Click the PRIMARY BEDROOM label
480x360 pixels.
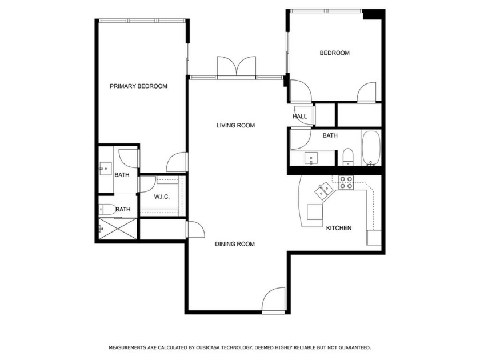click(138, 86)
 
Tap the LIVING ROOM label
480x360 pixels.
click(235, 126)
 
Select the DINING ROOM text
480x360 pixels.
click(235, 244)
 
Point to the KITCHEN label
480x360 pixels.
click(338, 228)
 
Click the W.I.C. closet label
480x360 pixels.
click(162, 197)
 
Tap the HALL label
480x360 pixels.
click(299, 117)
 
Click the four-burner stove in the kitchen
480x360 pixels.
click(346, 182)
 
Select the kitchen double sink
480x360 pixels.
click(324, 191)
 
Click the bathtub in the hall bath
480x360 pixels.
click(371, 148)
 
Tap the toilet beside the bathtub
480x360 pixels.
click(348, 157)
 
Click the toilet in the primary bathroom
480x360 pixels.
click(107, 209)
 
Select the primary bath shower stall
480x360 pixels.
click(118, 229)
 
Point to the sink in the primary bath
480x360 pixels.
click(106, 169)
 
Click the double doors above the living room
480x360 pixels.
click(237, 67)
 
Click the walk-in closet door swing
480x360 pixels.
click(147, 184)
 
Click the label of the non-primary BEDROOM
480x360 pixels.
click(335, 53)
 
